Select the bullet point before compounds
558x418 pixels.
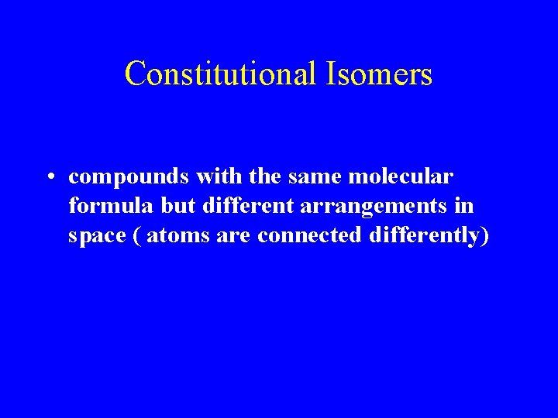49,178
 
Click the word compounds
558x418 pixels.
129,177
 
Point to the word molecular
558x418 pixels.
401,177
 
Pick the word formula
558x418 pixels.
100,207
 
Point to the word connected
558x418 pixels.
308,236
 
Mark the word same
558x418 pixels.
315,177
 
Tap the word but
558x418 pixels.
157,207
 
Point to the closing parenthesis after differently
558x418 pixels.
484,236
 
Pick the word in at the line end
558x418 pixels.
466,207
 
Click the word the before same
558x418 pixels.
264,177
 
